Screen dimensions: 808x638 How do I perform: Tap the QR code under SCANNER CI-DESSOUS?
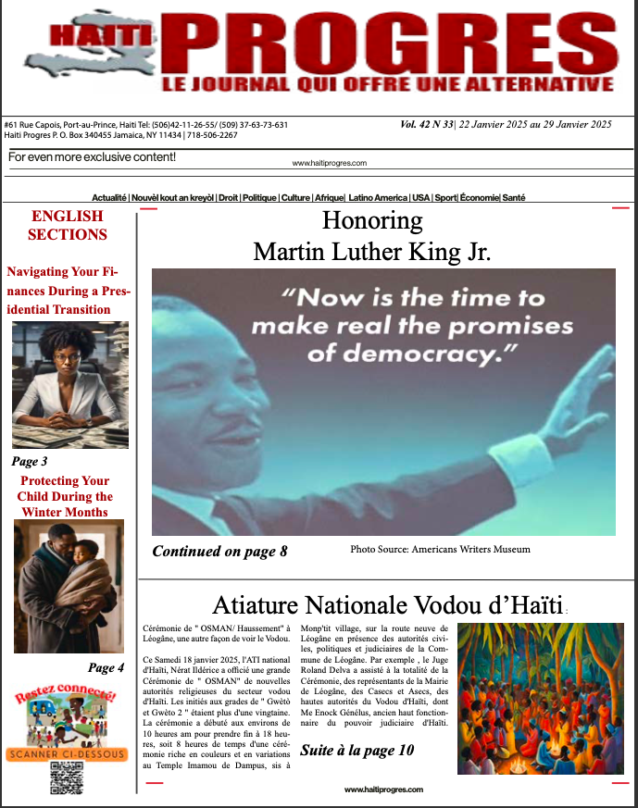click(67, 778)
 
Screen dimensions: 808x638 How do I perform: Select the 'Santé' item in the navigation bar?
click(514, 197)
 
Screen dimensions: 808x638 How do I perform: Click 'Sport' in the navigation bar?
click(446, 197)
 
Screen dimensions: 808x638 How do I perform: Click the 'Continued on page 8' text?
click(219, 552)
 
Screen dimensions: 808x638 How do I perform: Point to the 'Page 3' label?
click(30, 461)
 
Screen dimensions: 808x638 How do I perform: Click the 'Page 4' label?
click(106, 667)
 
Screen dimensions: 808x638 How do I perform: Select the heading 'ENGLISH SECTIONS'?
click(68, 225)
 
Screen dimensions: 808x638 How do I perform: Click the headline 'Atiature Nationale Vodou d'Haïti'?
click(387, 605)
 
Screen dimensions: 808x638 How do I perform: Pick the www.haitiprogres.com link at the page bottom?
click(383, 789)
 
